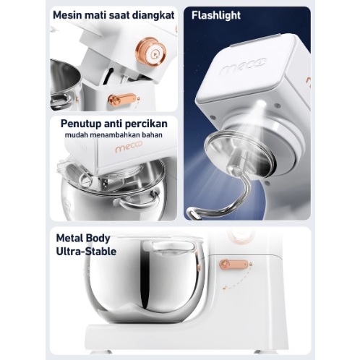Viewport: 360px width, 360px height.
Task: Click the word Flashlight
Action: coord(216,15)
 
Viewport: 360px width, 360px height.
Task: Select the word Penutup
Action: coord(81,124)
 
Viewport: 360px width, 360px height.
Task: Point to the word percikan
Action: coord(146,124)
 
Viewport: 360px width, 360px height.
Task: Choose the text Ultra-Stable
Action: coord(86,252)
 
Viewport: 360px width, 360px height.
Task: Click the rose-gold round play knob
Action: coord(151,53)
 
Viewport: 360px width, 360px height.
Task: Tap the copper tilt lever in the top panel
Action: coord(123,99)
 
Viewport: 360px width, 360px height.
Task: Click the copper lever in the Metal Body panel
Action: coord(233,265)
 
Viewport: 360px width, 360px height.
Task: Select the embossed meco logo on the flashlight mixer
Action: coord(243,65)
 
